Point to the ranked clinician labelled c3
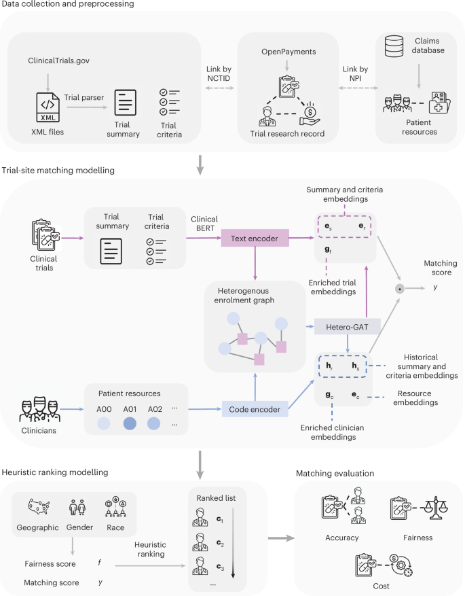tap(203, 565)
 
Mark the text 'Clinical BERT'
tap(204, 224)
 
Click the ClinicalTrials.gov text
tap(60, 62)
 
